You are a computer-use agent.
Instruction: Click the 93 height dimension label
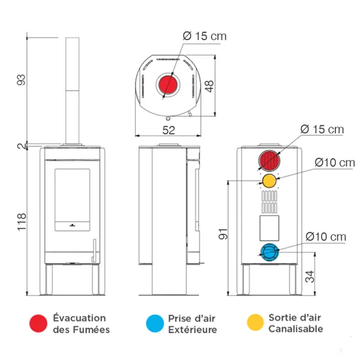21,79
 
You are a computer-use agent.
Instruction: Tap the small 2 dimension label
21,146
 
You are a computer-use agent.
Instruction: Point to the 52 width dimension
169,129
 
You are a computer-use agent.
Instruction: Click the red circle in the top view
169,85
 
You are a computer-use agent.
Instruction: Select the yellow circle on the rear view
269,181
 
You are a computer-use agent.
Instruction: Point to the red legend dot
39,323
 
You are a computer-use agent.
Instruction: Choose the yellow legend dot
257,323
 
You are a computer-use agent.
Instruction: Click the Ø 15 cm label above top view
204,36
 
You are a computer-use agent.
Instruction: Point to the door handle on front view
94,249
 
